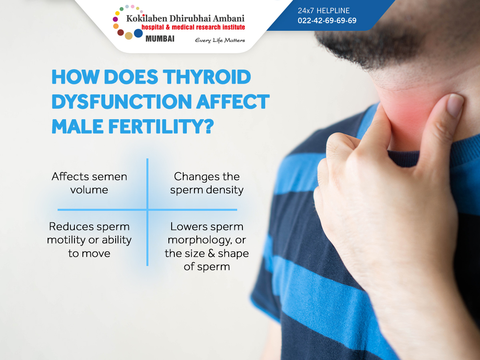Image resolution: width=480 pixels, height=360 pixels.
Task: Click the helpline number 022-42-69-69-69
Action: (327, 20)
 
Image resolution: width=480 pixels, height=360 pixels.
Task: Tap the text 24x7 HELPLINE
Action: (324, 10)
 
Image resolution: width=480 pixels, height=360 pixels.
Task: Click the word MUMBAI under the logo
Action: (160, 39)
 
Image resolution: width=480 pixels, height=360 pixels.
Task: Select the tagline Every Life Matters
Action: (220, 40)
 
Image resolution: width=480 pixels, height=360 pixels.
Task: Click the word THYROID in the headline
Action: (207, 77)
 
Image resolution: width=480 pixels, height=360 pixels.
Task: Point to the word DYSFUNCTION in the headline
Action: (122, 102)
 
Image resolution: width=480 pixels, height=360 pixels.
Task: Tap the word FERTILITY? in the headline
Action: (161, 126)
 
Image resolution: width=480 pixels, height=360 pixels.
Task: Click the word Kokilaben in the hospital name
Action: (147, 18)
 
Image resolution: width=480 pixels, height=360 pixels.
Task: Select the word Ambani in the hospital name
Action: (228, 18)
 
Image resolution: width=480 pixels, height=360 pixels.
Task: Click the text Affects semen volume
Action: (89, 183)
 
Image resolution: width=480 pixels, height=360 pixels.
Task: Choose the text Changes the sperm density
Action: (207, 183)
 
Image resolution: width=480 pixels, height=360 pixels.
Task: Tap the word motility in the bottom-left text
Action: (66, 240)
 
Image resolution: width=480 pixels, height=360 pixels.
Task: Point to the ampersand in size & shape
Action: (211, 254)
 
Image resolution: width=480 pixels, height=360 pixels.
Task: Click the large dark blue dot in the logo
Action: (138, 33)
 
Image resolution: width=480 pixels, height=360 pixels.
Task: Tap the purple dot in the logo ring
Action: (115, 19)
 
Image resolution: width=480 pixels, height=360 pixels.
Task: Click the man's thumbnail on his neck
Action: (455, 105)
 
